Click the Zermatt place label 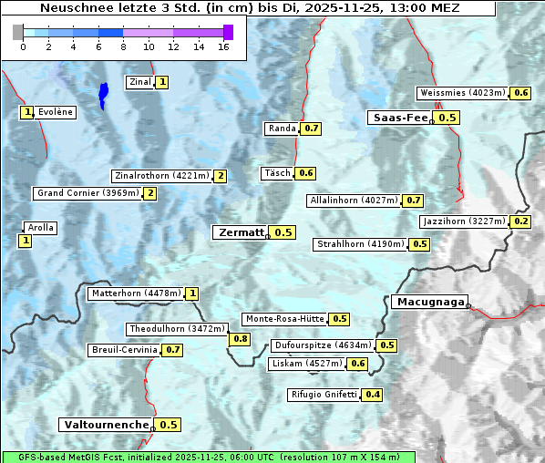point(240,232)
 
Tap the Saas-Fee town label point(399,118)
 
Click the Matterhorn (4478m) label point(136,293)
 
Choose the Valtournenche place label point(105,425)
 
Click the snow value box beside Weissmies point(521,93)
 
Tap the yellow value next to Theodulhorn point(240,339)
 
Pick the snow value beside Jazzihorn point(521,221)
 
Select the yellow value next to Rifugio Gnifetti point(373,395)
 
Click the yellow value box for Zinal point(162,82)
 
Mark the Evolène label point(56,112)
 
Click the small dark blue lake point(103,94)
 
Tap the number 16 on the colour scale point(223,46)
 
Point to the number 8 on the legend point(123,46)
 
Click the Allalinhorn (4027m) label point(354,200)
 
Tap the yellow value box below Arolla point(25,241)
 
